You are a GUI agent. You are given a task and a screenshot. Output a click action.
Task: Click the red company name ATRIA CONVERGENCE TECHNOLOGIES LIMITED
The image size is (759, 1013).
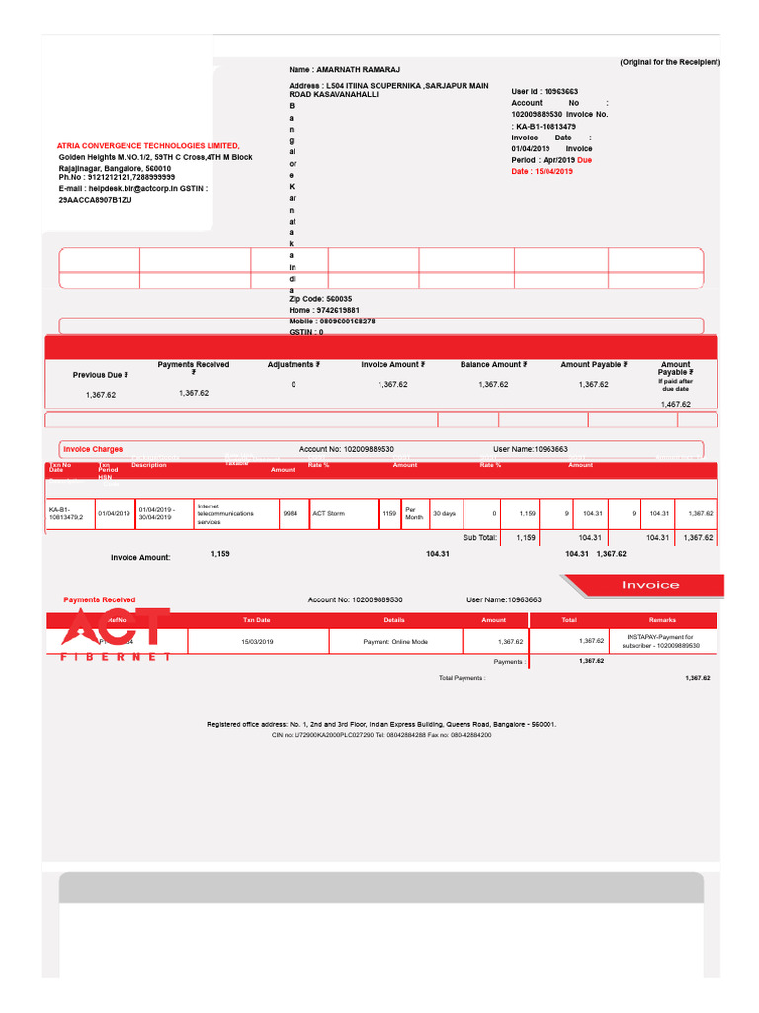148,145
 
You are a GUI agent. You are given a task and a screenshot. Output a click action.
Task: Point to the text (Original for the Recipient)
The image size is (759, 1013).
670,62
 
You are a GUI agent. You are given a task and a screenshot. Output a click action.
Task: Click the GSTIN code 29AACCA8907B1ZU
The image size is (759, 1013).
96,199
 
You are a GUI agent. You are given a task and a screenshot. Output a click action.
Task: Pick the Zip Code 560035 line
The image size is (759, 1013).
320,298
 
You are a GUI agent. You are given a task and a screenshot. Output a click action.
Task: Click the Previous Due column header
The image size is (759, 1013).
100,375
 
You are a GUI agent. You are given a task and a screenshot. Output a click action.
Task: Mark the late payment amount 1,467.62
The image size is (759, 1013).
675,404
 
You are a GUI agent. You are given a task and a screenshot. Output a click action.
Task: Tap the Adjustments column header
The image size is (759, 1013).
293,364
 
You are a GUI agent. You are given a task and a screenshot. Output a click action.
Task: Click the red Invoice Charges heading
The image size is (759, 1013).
93,449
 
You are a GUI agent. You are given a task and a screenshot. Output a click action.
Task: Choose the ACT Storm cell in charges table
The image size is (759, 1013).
329,513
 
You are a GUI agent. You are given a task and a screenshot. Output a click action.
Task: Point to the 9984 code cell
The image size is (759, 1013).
290,513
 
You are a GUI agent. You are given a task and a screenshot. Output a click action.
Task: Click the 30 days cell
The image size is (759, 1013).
444,513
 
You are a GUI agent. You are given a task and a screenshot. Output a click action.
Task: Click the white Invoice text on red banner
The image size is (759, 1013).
649,585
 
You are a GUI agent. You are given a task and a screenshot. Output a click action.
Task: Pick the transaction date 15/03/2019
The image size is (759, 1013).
256,642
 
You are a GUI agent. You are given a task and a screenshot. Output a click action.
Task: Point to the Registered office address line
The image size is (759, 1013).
380,724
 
